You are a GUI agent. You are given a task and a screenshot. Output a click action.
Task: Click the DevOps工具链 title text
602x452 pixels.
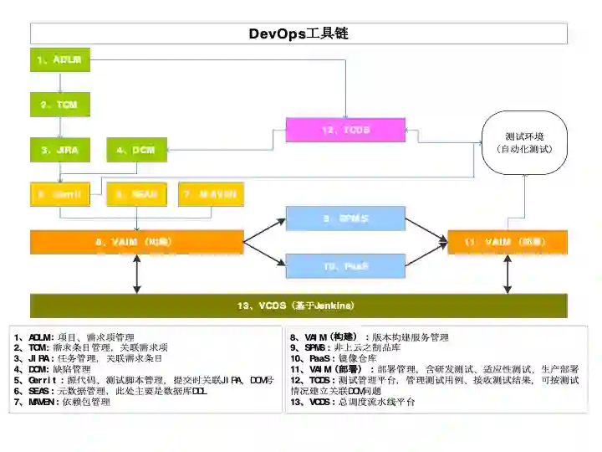[298, 33]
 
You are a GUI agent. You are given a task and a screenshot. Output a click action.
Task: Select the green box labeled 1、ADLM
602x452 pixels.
[60, 60]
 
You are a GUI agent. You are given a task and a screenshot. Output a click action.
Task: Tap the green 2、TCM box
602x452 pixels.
[60, 105]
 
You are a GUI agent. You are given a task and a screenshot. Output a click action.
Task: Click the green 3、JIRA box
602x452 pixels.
[60, 150]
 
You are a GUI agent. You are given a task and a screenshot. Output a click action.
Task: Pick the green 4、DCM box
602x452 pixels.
[137, 150]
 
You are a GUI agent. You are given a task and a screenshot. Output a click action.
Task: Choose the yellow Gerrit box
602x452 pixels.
[60, 193]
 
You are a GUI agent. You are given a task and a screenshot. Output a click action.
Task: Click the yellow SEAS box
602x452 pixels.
[137, 193]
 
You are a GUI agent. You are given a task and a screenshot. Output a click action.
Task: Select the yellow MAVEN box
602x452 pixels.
[209, 193]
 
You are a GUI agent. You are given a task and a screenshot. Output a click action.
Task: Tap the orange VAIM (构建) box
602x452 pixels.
[136, 241]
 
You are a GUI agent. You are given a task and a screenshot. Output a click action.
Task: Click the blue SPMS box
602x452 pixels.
[345, 218]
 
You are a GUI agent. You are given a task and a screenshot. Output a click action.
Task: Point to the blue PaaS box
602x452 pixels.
[345, 265]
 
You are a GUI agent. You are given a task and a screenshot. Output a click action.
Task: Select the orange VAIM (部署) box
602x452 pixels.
[508, 241]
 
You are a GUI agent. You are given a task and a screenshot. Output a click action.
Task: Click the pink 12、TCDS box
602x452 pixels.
[345, 130]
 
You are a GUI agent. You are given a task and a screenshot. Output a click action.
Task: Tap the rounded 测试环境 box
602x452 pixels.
[523, 142]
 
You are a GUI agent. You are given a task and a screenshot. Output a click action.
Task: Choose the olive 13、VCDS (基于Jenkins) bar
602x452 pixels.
[298, 305]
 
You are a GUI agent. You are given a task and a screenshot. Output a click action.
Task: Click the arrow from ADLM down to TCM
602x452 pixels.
[60, 82]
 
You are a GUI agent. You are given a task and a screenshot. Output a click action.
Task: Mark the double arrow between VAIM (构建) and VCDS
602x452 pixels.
[136, 274]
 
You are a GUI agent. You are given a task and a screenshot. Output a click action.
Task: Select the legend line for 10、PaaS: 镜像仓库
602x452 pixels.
[330, 358]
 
